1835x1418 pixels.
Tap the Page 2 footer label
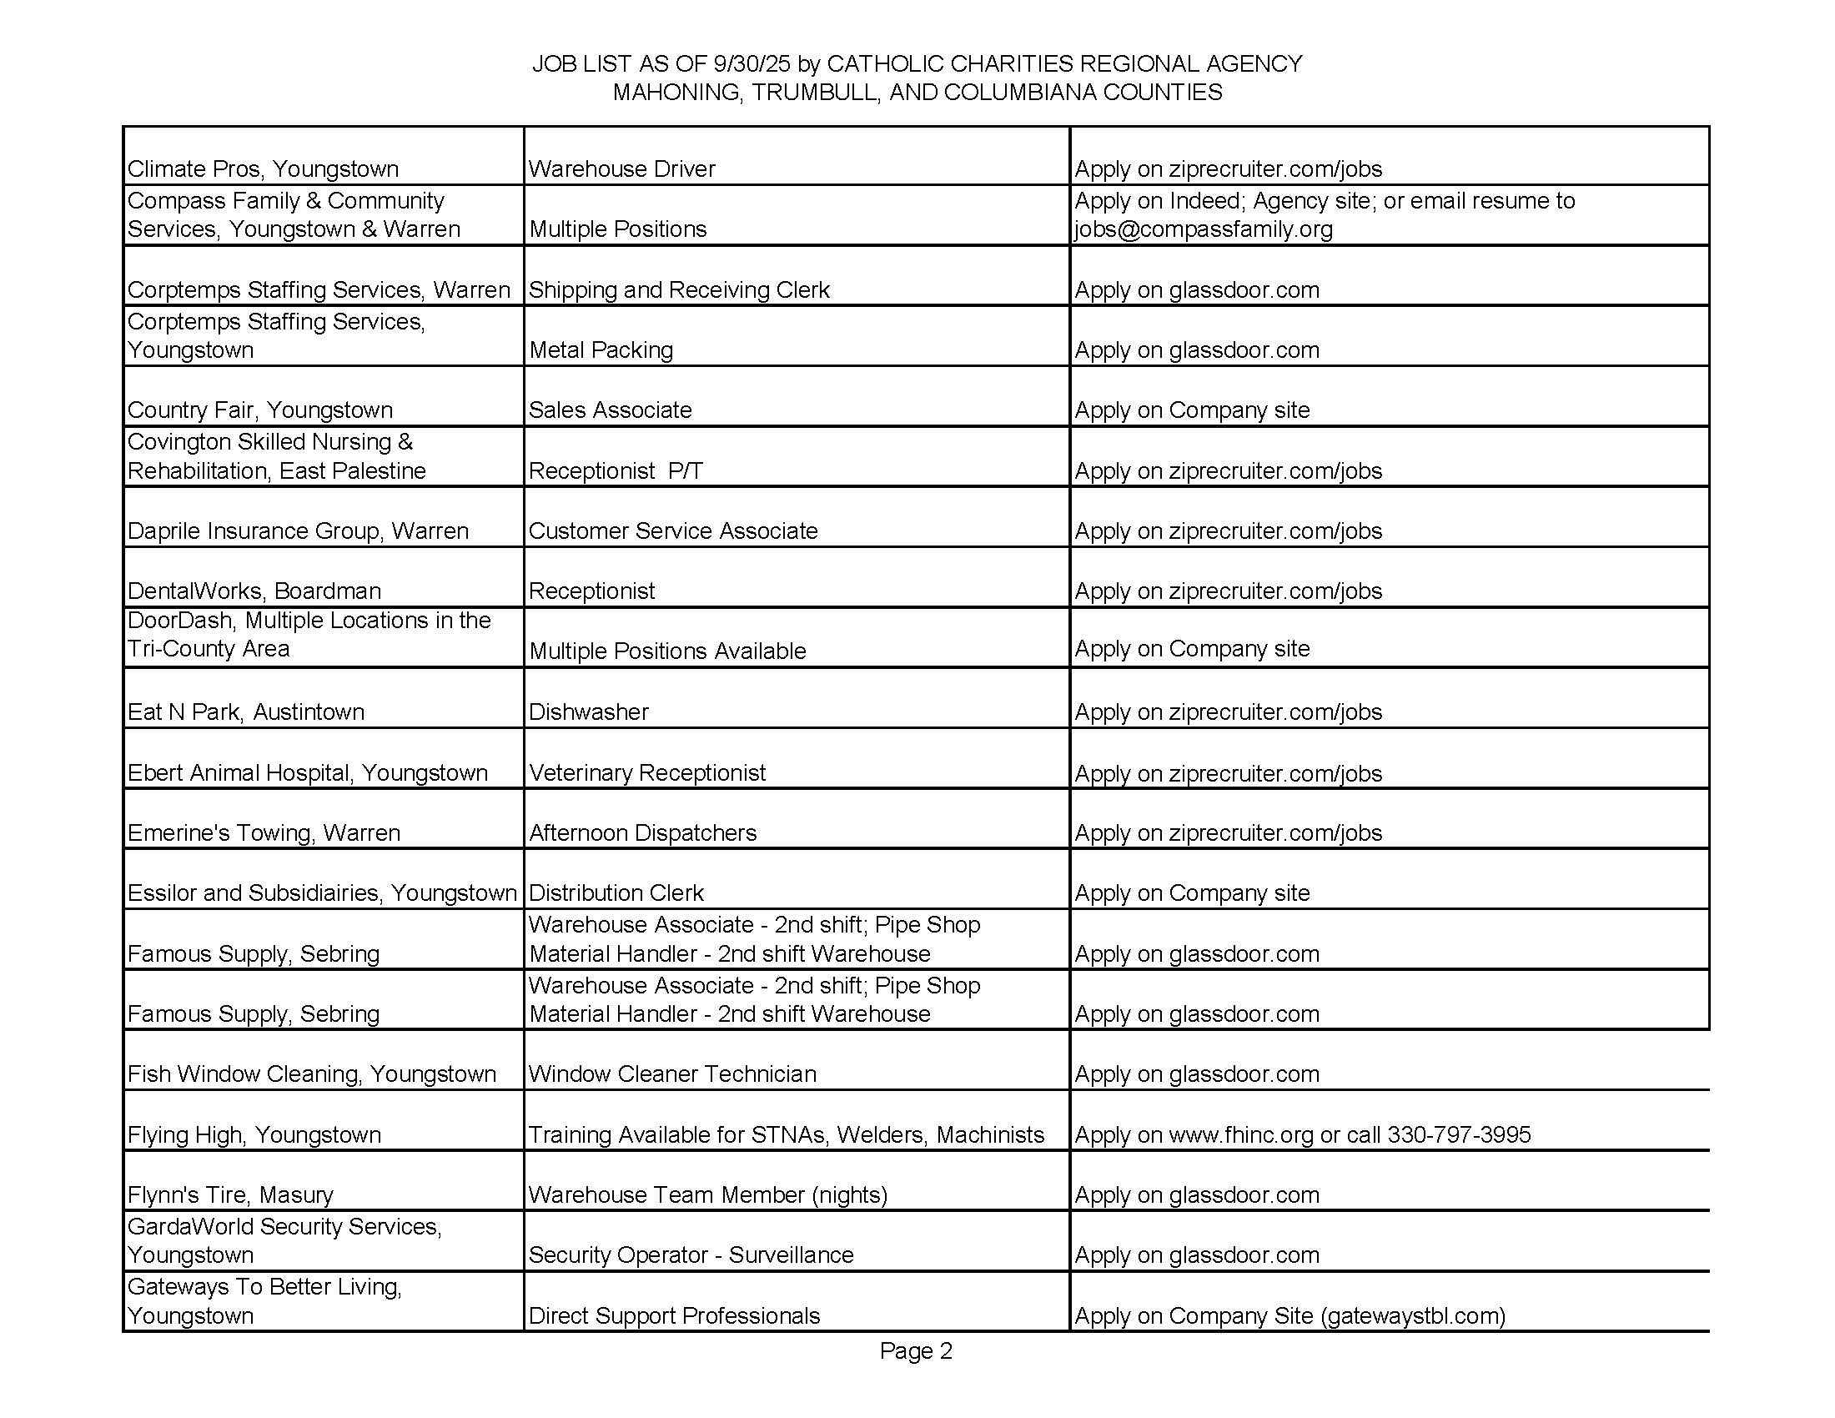[x=916, y=1350]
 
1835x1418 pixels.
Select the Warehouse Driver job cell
[x=621, y=168]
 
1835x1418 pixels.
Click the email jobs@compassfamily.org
[x=1203, y=229]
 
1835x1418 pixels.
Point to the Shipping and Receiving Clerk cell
[x=679, y=289]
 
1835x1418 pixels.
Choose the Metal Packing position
[x=601, y=349]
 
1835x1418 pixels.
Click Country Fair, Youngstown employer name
[x=260, y=410]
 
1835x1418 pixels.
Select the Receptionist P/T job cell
[x=616, y=470]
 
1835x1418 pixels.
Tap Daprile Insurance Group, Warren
[x=299, y=530]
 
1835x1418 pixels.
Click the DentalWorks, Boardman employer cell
[x=254, y=591]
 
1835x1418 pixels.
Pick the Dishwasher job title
[x=588, y=712]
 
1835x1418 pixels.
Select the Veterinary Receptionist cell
[x=647, y=773]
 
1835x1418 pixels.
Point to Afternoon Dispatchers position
[x=643, y=832]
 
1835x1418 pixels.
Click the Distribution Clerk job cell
[x=616, y=893]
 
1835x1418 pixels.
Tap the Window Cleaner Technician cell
[x=672, y=1074]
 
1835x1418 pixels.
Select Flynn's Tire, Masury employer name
[x=230, y=1194]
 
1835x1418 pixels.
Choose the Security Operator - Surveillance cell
[x=691, y=1255]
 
